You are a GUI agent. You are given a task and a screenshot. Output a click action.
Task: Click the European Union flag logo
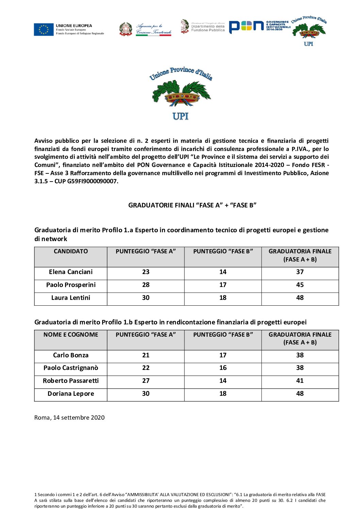coord(44,30)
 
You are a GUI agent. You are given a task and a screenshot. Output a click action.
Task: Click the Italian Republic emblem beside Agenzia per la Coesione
coord(126,29)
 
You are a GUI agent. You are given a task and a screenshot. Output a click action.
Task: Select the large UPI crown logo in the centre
coord(181,94)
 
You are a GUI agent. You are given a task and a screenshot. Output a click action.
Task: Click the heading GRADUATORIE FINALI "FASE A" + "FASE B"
coord(192,205)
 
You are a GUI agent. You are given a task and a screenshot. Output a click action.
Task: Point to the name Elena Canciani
coord(71,272)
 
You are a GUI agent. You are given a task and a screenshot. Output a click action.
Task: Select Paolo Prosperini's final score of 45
coord(300,285)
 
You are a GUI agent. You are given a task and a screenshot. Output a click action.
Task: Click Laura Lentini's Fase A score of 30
coord(146,298)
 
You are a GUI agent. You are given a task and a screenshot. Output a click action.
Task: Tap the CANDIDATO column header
coord(71,251)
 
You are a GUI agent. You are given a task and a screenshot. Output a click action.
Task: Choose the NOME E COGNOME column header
coord(71,335)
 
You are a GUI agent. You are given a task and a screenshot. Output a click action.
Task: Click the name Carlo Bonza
coord(71,355)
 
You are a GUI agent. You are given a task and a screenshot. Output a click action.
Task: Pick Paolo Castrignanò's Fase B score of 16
coord(223,368)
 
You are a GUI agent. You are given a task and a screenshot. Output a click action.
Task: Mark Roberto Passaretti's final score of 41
coord(300,381)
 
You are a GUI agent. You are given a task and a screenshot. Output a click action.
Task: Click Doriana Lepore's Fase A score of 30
coord(146,394)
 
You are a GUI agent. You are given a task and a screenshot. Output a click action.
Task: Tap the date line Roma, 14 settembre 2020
coord(69,418)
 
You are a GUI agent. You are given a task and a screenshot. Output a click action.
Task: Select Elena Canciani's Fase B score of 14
coord(223,272)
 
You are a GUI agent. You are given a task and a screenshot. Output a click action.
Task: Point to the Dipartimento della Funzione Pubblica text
coord(208,28)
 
